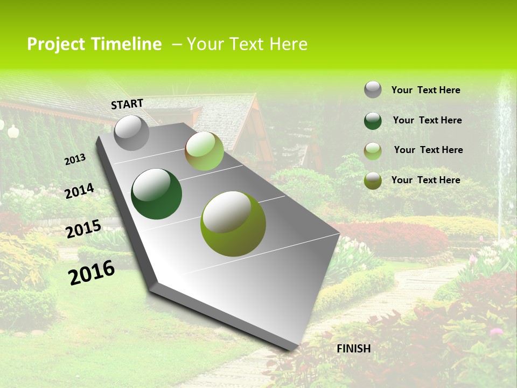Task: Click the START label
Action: pos(127,103)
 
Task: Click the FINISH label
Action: pos(353,349)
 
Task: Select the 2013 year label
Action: pos(75,159)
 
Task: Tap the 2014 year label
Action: pos(80,191)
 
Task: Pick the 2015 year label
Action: pos(83,229)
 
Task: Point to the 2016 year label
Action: pos(92,272)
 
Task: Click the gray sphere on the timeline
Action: pos(132,133)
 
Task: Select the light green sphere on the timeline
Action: pos(204,151)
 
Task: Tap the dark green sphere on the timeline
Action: pos(156,194)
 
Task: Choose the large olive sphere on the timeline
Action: pos(233,223)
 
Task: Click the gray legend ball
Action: pos(373,90)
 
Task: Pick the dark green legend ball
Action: pos(373,121)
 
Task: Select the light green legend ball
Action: pos(373,151)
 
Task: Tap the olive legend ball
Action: pos(373,181)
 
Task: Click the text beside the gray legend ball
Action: pos(425,90)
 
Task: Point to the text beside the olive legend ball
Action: pos(425,180)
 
